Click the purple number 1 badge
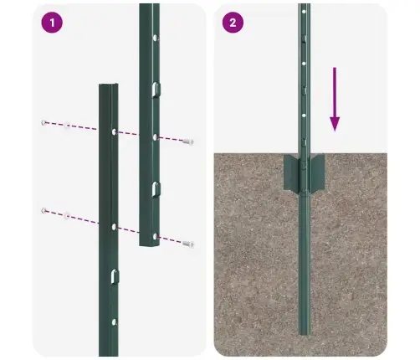pos(54,23)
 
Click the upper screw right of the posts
pos(187,142)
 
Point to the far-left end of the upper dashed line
pos(42,122)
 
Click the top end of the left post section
pos(109,86)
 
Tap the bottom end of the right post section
pos(149,244)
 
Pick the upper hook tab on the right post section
pos(155,90)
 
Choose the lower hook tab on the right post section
pos(155,188)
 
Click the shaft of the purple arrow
pos(335,96)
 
